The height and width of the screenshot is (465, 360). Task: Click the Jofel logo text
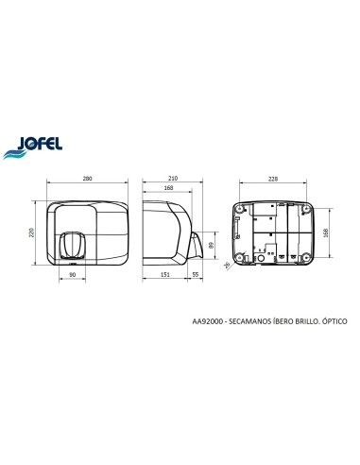tap(40, 143)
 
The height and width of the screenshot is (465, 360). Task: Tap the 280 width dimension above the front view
tap(87, 179)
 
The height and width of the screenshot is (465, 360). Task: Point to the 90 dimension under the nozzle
tap(73, 275)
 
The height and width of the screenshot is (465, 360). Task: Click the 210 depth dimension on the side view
tap(173, 179)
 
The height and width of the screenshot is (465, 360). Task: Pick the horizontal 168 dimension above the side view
tap(168, 188)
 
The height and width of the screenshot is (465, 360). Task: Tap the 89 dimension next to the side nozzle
tap(212, 245)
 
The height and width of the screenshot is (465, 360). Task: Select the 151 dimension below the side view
tap(165, 275)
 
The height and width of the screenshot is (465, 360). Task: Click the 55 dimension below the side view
tap(196, 275)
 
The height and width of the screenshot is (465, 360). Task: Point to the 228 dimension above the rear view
tap(273, 179)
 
